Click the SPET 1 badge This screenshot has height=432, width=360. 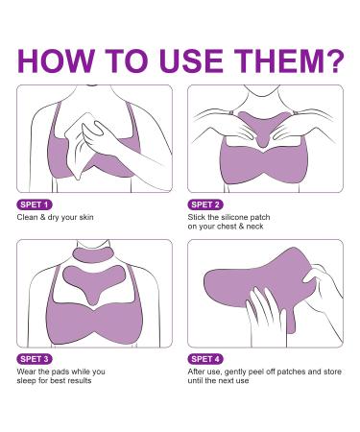click(x=35, y=204)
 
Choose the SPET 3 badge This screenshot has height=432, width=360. click(x=35, y=358)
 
